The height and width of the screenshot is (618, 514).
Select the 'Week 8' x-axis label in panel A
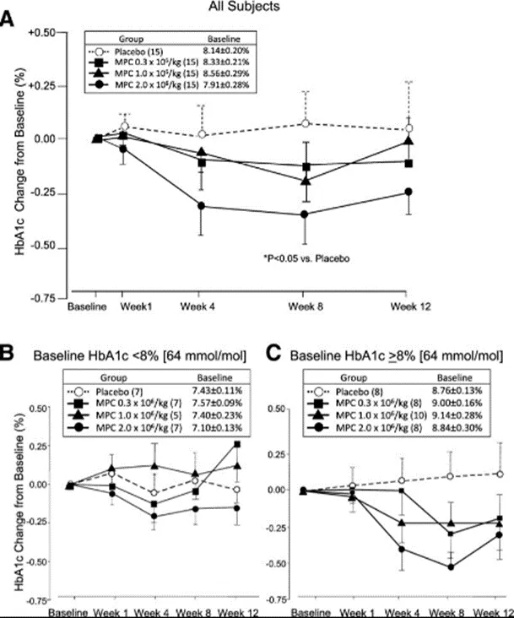(305, 306)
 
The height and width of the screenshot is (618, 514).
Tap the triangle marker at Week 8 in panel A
(305, 180)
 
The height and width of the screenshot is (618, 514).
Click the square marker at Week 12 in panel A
(409, 162)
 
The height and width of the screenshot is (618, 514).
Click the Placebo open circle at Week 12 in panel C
(501, 474)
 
